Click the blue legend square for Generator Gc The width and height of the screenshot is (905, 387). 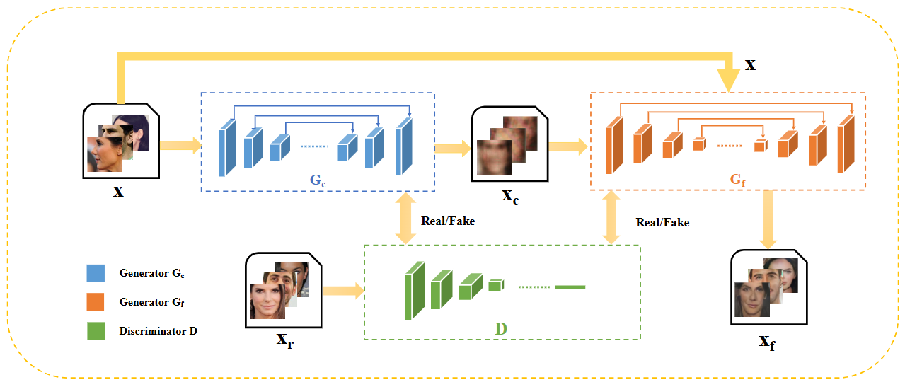coord(96,273)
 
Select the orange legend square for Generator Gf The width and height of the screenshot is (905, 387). coord(96,302)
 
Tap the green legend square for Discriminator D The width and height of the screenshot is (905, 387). coord(96,330)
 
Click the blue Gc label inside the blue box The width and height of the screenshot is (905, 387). coord(318,180)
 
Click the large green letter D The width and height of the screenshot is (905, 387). coord(501,328)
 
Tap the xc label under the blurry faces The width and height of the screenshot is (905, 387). coord(510,196)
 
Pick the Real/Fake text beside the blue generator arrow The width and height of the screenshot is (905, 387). coord(447,221)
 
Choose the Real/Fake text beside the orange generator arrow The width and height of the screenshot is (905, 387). coord(662,222)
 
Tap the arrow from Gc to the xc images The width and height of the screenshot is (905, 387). coord(452,148)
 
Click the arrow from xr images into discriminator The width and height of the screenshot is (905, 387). coord(342,290)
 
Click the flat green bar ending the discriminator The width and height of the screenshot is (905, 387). coord(570,287)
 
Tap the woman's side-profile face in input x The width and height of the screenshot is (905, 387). coord(103,153)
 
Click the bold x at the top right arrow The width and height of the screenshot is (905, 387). coord(750,65)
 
